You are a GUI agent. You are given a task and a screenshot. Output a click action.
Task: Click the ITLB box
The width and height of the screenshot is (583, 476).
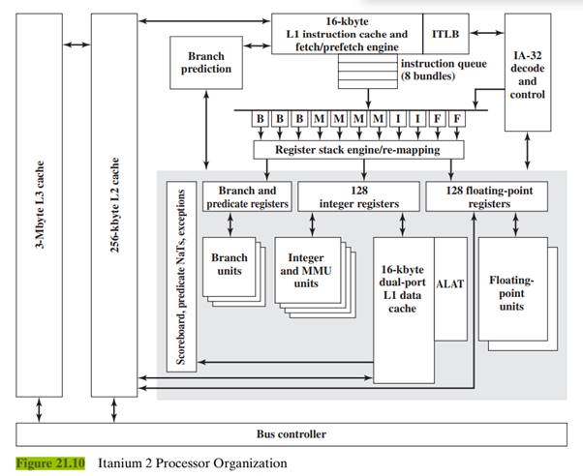click(x=477, y=34)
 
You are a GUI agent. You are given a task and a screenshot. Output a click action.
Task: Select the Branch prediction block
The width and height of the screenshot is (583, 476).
click(x=209, y=63)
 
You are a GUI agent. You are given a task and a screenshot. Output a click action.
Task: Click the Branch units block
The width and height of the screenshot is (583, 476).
click(x=230, y=264)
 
